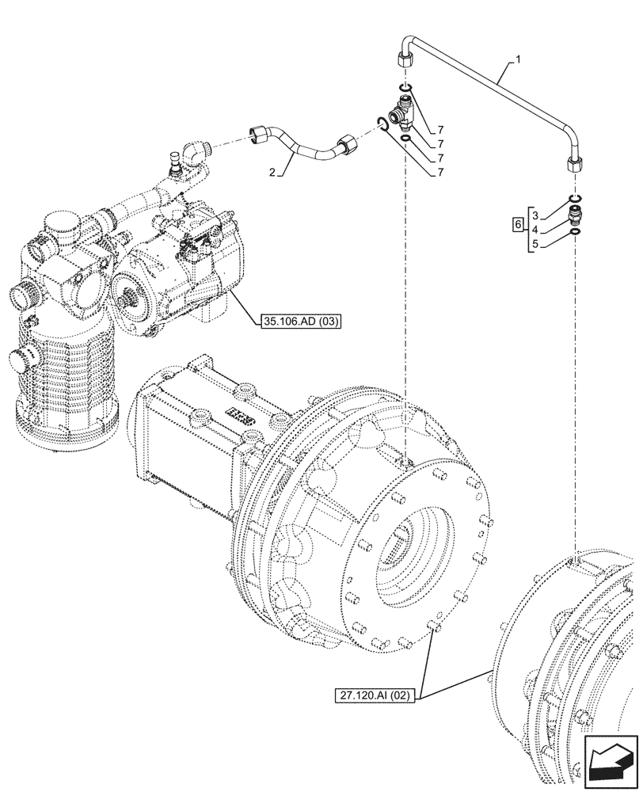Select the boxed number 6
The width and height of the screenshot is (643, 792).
pos(518,226)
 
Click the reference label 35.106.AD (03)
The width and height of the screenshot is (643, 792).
pos(294,321)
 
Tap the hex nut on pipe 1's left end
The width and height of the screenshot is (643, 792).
pos(403,60)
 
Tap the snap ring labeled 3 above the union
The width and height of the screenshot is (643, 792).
pos(575,197)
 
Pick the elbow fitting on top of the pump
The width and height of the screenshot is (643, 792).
pos(193,154)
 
